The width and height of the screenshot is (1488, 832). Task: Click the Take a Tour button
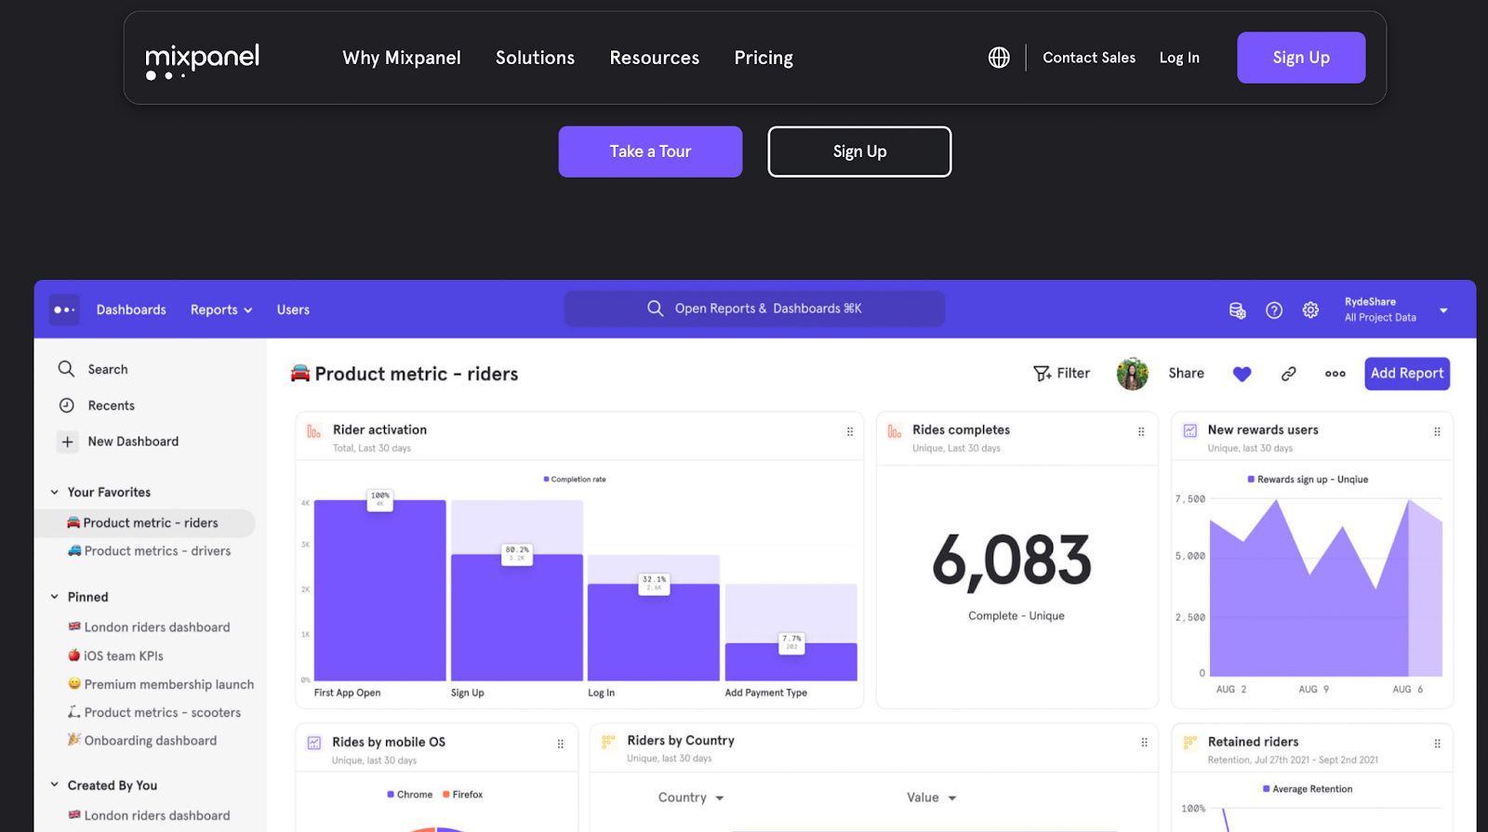coord(650,152)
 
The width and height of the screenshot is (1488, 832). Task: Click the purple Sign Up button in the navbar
coord(1300,58)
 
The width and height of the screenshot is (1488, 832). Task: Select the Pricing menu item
coord(764,58)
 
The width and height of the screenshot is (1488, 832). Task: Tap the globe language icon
coord(999,58)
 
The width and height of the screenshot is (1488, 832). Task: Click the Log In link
coord(1178,58)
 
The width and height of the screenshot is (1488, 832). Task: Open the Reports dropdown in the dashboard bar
coord(221,310)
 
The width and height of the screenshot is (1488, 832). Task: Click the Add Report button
coord(1406,374)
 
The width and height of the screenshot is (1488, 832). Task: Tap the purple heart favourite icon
coord(1242,374)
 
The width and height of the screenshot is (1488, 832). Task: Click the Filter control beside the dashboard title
coord(1061,374)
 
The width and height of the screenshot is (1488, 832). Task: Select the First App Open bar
coord(379,595)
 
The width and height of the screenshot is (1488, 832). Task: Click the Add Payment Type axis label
coord(765,693)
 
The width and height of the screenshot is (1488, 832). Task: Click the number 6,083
coord(1012,561)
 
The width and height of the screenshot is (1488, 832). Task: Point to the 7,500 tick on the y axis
coord(1190,499)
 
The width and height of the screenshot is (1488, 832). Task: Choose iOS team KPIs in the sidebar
coord(123,656)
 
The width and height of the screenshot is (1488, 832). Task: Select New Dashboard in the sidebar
coord(132,442)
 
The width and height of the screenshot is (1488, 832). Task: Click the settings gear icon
coord(1310,310)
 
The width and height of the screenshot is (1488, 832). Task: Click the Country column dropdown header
coord(690,798)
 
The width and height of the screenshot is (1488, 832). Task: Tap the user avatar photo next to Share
coord(1132,374)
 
